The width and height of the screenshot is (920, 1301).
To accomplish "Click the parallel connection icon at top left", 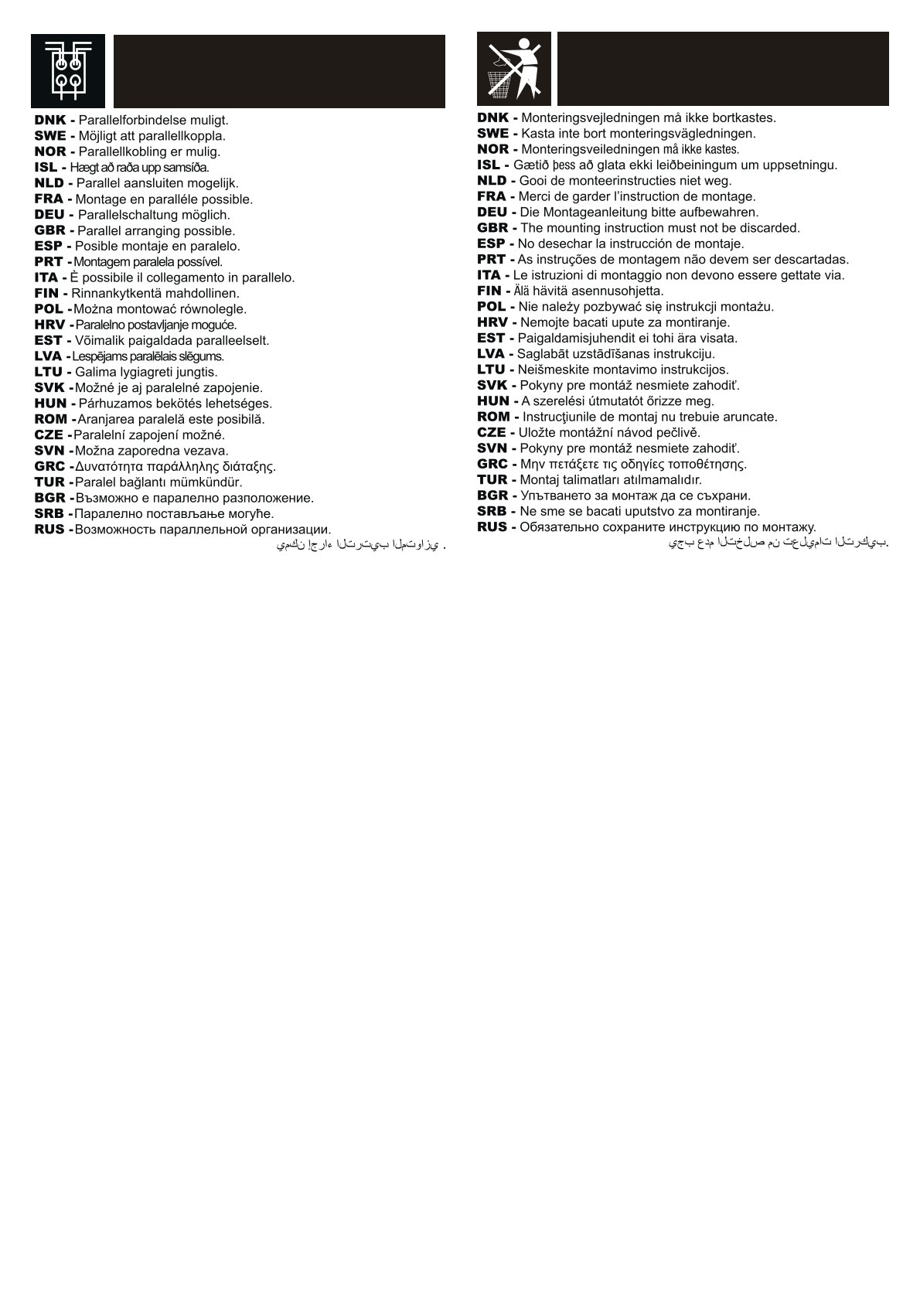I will [68, 71].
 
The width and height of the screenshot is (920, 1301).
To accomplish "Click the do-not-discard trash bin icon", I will [513, 69].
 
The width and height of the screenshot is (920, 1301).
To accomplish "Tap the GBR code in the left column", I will [50, 230].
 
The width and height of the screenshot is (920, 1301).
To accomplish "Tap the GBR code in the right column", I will [492, 228].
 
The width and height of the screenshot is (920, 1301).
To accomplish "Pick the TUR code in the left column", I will [49, 482].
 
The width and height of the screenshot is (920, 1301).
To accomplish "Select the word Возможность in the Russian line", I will [115, 530].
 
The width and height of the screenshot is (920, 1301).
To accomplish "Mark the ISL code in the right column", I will [489, 165].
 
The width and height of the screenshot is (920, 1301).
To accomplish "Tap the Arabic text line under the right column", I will [778, 543].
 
